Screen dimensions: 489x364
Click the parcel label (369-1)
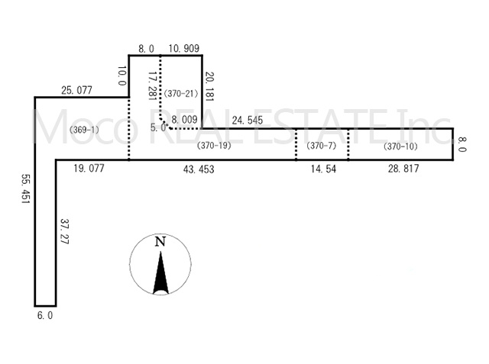(84, 130)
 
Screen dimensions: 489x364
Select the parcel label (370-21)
(181, 93)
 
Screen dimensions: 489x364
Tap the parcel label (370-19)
(214, 146)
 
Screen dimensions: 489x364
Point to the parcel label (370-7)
(321, 146)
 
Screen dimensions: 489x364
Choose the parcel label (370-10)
(400, 146)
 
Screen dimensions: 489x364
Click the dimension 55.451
(25, 188)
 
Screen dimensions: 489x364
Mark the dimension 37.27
(64, 231)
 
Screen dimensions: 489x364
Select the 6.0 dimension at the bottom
(45, 315)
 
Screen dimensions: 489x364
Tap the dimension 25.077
(76, 90)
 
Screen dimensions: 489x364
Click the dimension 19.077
(89, 169)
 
